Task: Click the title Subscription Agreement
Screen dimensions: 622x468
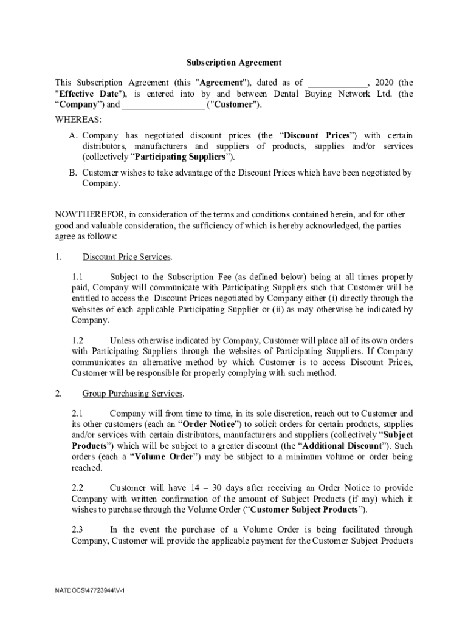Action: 233,63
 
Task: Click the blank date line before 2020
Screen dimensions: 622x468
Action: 337,83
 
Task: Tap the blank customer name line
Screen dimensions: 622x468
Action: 163,105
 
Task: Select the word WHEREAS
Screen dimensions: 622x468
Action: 78,120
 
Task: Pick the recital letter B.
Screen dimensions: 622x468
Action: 72,173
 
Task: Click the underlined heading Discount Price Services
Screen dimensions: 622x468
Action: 127,257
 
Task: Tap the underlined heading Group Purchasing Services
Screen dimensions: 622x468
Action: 133,394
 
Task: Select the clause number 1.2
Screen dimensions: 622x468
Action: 77,340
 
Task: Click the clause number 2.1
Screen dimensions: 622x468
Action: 77,413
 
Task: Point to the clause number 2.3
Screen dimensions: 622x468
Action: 77,530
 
